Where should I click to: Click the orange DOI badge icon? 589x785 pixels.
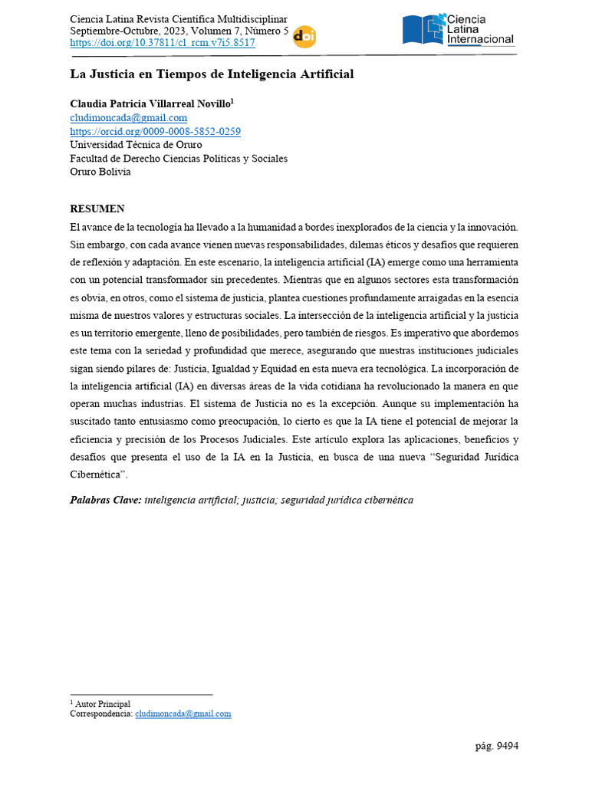[x=304, y=37]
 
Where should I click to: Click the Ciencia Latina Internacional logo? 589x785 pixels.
[x=459, y=30]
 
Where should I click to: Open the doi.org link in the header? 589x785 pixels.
[x=163, y=44]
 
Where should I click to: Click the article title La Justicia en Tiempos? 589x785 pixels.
[x=212, y=74]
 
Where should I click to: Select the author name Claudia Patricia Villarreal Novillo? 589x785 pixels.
[x=150, y=103]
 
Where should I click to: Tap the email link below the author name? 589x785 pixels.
[x=129, y=118]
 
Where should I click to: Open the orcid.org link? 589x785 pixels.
[x=156, y=132]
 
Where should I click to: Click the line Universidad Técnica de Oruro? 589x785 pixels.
[x=137, y=145]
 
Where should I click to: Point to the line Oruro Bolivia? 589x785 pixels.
[x=100, y=172]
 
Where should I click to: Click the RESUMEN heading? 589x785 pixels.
[x=97, y=209]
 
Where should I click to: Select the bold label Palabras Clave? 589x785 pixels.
[x=106, y=500]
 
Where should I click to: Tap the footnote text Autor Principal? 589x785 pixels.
[x=103, y=704]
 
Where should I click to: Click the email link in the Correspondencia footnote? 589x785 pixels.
[x=183, y=714]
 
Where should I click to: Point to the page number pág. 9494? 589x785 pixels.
[x=497, y=745]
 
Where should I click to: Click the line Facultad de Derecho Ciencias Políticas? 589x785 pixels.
[x=179, y=159]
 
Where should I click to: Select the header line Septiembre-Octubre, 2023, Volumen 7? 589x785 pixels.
[x=179, y=31]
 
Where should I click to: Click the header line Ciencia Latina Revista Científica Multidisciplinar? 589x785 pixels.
[x=179, y=18]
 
